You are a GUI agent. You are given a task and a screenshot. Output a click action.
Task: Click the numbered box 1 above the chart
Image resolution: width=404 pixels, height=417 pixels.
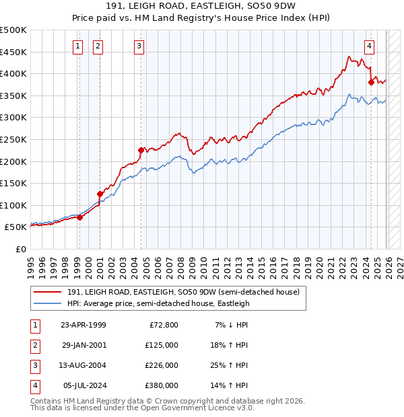78,46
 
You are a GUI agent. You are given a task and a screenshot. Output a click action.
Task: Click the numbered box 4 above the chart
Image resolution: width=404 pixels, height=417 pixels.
370,46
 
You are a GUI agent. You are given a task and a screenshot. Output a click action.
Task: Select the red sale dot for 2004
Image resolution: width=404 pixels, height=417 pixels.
141,150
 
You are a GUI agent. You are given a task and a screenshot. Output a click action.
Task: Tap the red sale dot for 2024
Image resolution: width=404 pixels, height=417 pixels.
371,83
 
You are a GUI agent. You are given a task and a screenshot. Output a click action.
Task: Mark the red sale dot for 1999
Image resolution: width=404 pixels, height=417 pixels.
79,217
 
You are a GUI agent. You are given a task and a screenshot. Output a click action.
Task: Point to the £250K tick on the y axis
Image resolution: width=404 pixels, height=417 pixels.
14,139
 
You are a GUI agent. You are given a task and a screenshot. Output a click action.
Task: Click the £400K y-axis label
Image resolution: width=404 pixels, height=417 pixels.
14,74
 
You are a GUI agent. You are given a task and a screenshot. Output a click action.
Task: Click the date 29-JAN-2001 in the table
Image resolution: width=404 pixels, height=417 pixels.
83,344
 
